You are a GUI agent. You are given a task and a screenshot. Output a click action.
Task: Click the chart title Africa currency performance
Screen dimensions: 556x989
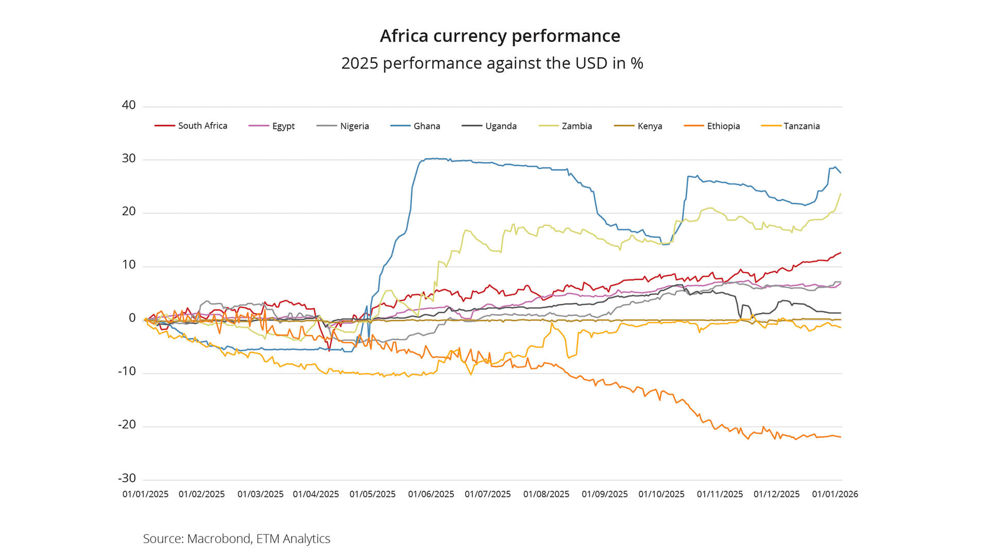click(x=500, y=36)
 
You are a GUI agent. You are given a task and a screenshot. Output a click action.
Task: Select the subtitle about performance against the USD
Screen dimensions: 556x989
click(x=492, y=63)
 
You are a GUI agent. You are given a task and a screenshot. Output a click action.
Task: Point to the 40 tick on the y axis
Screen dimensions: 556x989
click(x=129, y=105)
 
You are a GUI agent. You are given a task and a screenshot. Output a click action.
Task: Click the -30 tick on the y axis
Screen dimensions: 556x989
click(x=127, y=478)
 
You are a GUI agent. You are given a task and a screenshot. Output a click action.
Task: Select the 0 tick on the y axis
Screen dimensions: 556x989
click(x=132, y=318)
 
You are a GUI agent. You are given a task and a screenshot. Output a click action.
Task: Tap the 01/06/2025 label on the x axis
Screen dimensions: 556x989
click(x=431, y=494)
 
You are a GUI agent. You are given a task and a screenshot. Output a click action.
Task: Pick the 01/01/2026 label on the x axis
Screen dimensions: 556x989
click(x=835, y=494)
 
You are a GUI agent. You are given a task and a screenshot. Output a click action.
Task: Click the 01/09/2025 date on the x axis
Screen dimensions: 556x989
click(x=605, y=494)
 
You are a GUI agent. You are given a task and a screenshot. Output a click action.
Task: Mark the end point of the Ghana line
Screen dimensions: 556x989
click(x=841, y=172)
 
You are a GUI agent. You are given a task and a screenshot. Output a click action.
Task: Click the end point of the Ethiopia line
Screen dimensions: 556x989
click(x=841, y=437)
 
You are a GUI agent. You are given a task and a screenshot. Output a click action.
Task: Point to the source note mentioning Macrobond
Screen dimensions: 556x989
click(x=236, y=538)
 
